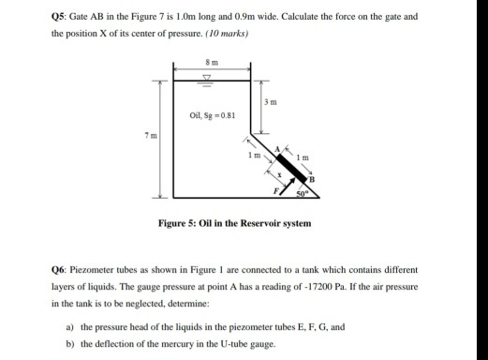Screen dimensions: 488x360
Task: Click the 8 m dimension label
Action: click(211, 61)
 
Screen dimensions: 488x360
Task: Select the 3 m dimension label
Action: click(268, 101)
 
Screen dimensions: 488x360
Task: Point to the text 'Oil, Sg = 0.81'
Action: click(212, 117)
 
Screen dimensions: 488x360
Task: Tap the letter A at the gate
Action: click(278, 149)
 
